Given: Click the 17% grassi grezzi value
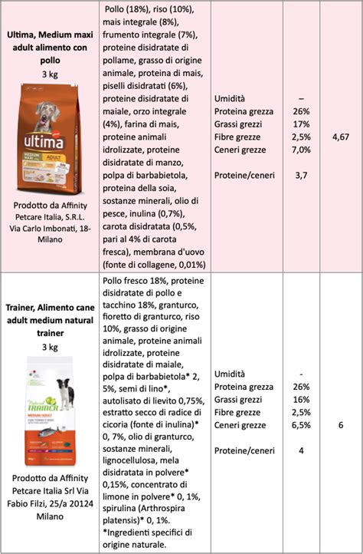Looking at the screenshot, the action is click(x=301, y=124).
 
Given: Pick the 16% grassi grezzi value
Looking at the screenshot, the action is click(x=301, y=400).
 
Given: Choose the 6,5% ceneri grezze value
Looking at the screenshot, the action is click(x=301, y=424).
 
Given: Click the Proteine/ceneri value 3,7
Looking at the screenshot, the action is click(x=301, y=176).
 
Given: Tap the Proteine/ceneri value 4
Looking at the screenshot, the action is click(x=301, y=450).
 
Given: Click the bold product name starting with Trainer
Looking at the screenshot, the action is click(x=50, y=320).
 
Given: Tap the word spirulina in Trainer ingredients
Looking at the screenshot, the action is click(x=123, y=506).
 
